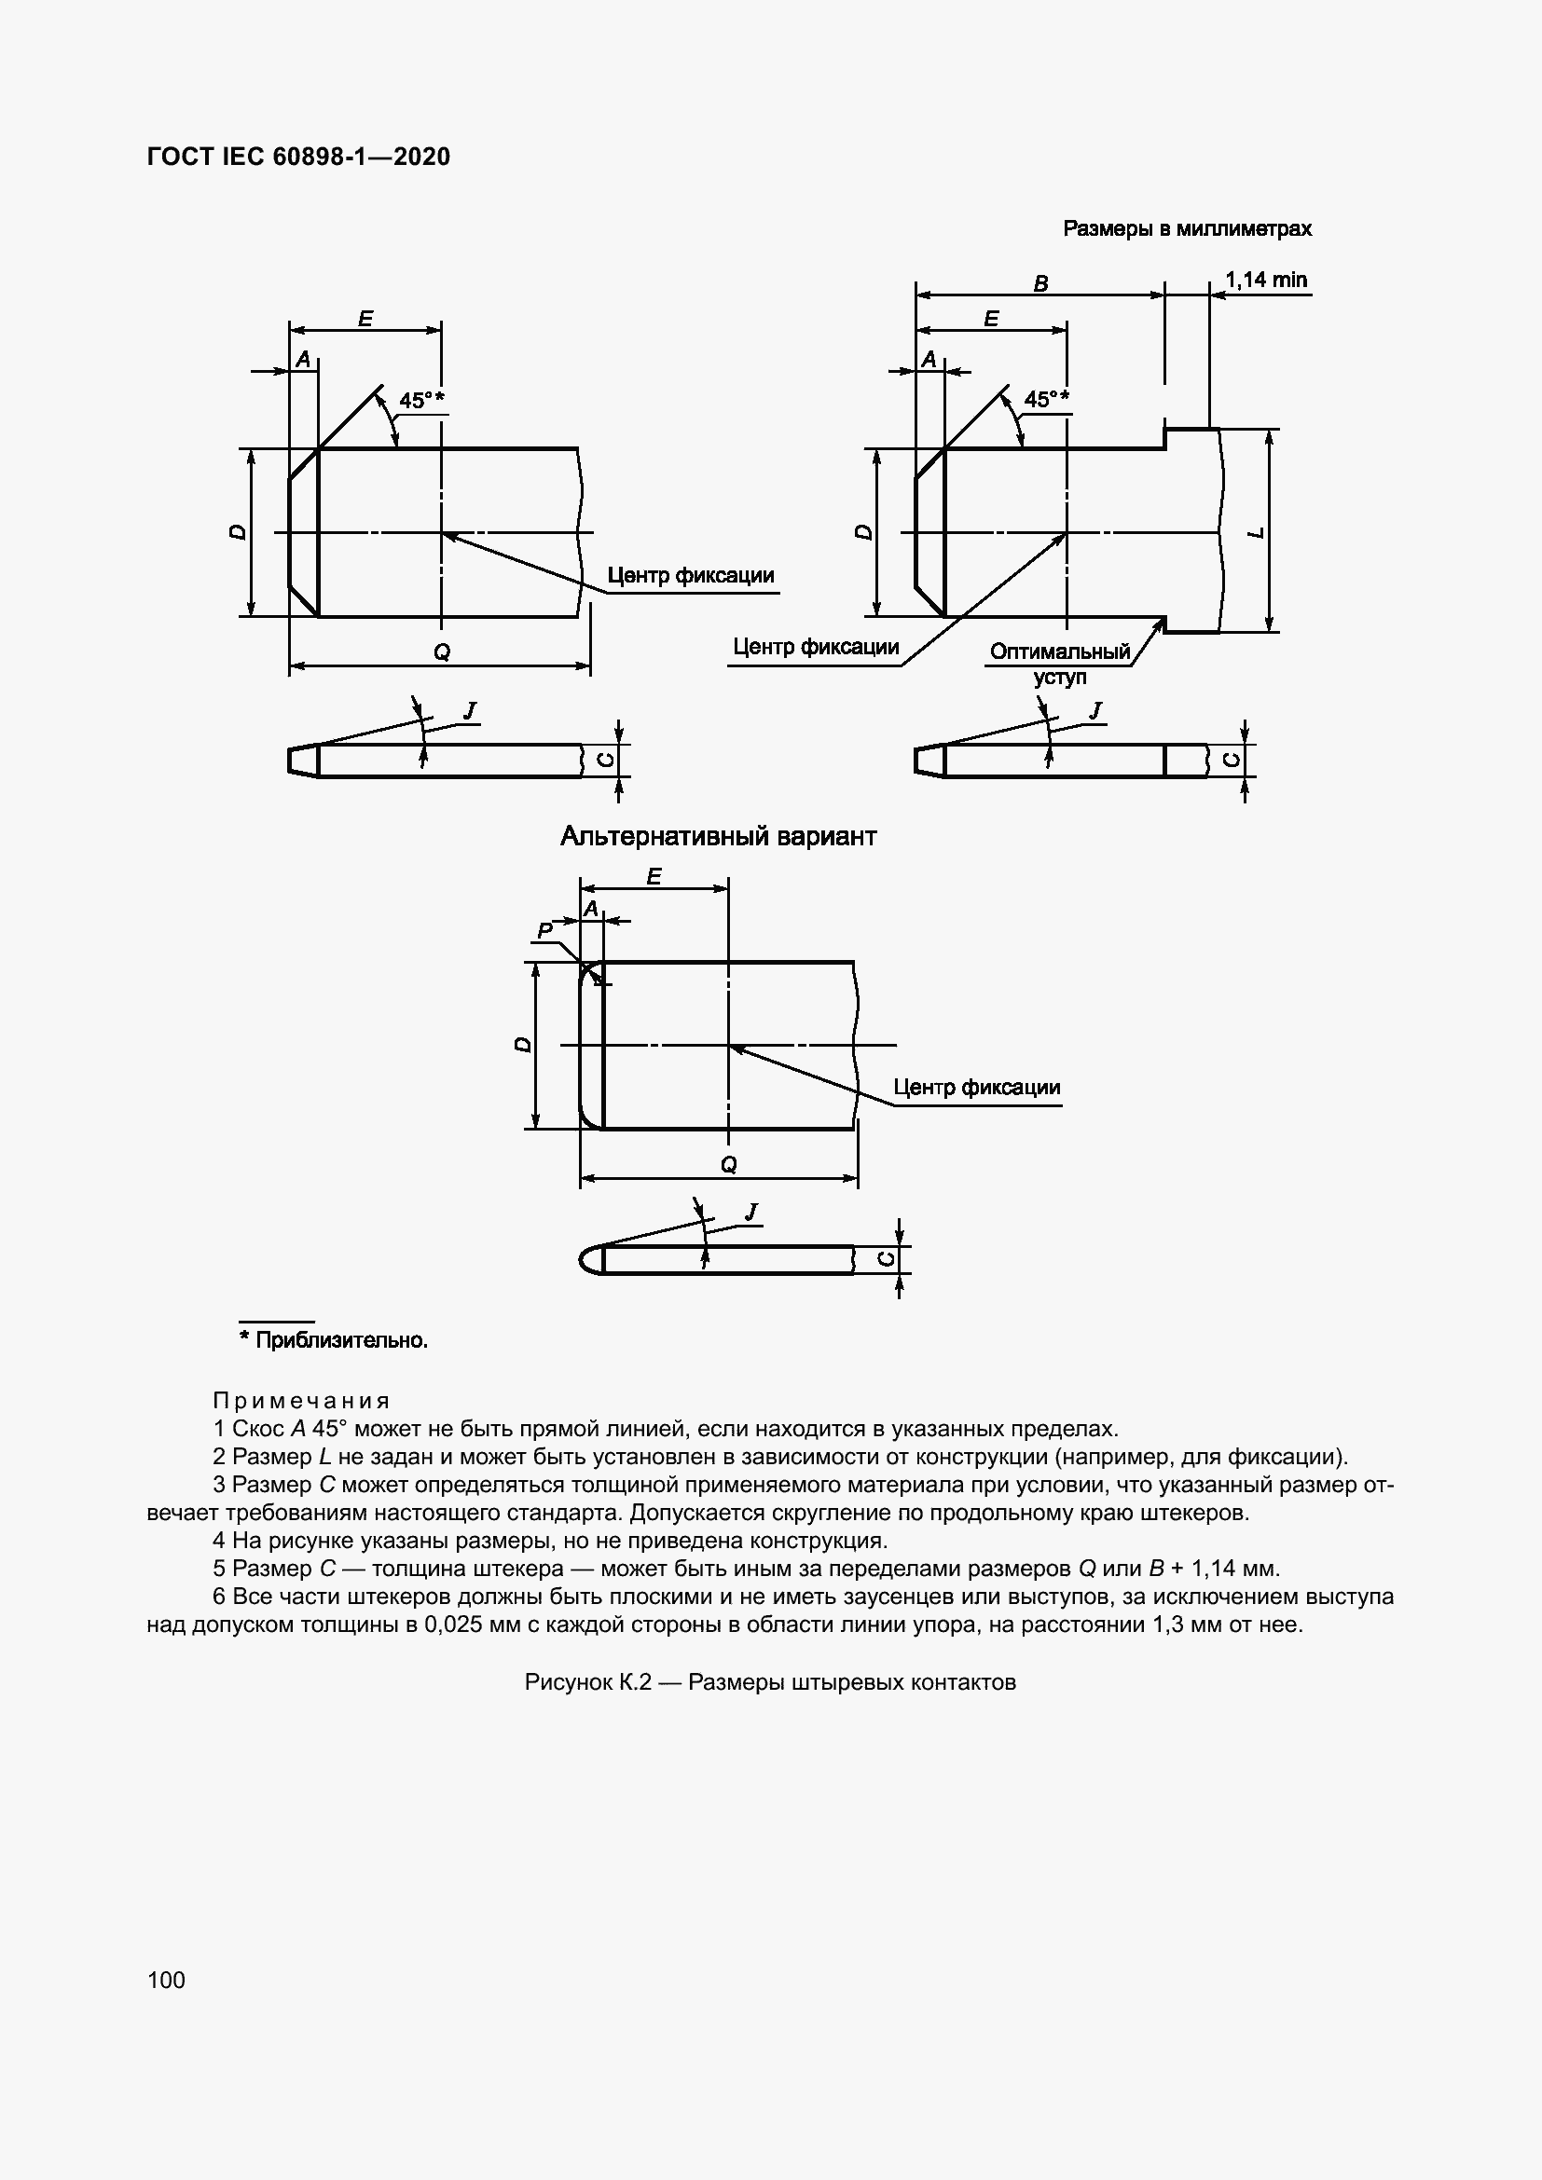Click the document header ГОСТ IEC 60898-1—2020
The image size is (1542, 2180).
coord(298,157)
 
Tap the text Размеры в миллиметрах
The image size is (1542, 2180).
coord(1187,229)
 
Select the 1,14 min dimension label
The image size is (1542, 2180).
coord(1266,281)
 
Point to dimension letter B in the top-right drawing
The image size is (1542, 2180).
coord(1040,283)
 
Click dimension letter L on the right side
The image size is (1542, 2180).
coord(1256,533)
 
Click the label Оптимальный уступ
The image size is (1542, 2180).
coord(1060,664)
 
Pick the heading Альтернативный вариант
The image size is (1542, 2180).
coord(718,836)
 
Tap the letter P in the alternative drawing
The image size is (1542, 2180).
coord(545,930)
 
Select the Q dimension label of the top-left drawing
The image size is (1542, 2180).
coord(442,651)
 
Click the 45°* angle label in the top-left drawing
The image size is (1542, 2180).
coord(421,400)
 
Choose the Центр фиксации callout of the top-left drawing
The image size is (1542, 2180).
coord(690,575)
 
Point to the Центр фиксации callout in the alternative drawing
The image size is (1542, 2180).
coord(976,1087)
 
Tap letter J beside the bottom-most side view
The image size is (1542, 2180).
coord(752,1212)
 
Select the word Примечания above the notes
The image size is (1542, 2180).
coord(301,1401)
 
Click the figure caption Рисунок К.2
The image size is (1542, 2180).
coord(770,1682)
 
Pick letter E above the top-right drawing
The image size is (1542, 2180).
coord(991,319)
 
